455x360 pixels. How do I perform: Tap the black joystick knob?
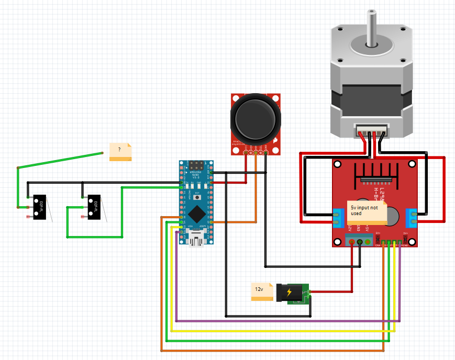[x=255, y=118]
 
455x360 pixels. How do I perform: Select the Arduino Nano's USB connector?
[x=197, y=240]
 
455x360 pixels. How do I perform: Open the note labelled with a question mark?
[x=120, y=152]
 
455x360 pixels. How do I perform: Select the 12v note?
[x=262, y=291]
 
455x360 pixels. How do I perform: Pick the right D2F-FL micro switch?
[x=94, y=207]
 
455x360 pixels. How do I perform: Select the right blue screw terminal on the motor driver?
[x=412, y=216]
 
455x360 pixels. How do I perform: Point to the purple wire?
[x=288, y=320]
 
